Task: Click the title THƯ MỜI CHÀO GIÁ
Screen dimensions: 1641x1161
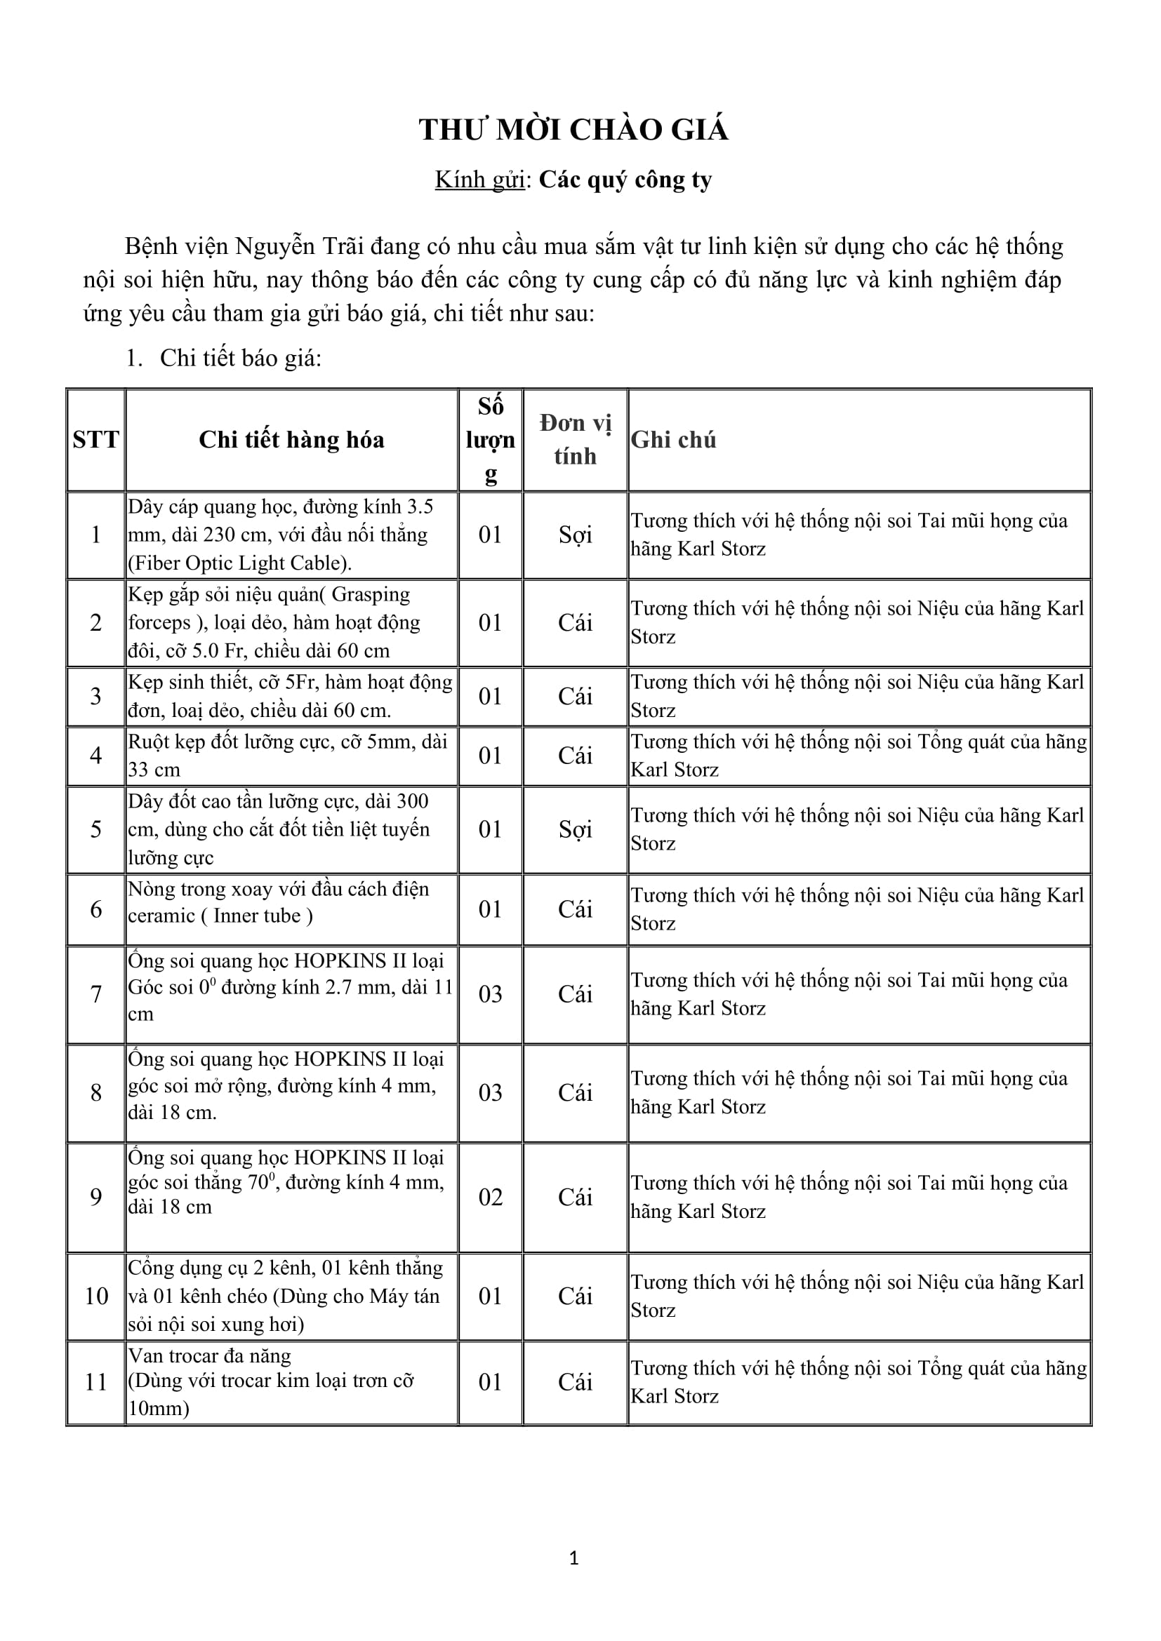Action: (x=573, y=130)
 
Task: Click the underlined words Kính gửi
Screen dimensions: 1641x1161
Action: (x=479, y=180)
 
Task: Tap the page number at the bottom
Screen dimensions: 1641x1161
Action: (x=573, y=1558)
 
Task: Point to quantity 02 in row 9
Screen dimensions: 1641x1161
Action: (x=491, y=1197)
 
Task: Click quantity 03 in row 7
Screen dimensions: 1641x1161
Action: (x=491, y=994)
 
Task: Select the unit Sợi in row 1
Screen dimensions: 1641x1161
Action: (x=576, y=535)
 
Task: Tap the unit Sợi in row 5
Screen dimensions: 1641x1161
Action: (x=576, y=829)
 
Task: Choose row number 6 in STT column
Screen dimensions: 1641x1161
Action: (x=95, y=909)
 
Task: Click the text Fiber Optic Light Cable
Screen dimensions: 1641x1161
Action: (x=239, y=563)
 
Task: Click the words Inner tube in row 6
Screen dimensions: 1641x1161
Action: (x=256, y=916)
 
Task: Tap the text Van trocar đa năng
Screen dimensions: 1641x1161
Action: (x=209, y=1356)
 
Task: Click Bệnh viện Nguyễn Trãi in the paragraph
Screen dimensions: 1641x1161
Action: (x=220, y=246)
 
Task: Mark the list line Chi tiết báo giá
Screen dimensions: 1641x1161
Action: (x=240, y=358)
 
